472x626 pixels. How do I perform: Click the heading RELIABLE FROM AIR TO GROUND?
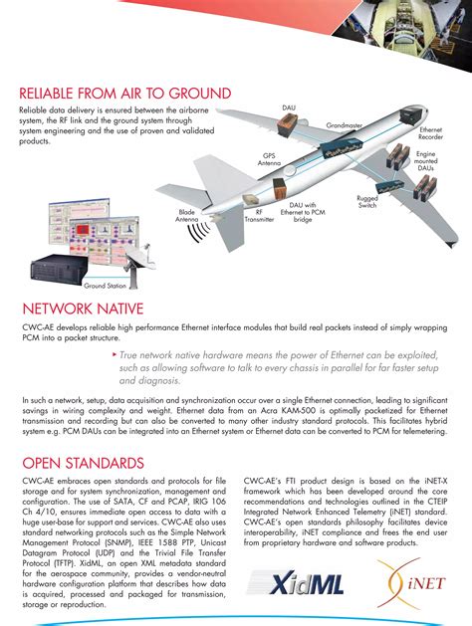click(x=125, y=94)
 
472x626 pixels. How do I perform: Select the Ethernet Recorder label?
click(x=430, y=134)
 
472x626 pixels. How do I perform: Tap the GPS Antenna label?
click(x=269, y=159)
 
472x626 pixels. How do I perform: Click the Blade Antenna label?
click(x=186, y=216)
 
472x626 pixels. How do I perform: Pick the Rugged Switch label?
click(x=367, y=203)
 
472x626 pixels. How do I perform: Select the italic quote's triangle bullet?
click(x=115, y=353)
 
